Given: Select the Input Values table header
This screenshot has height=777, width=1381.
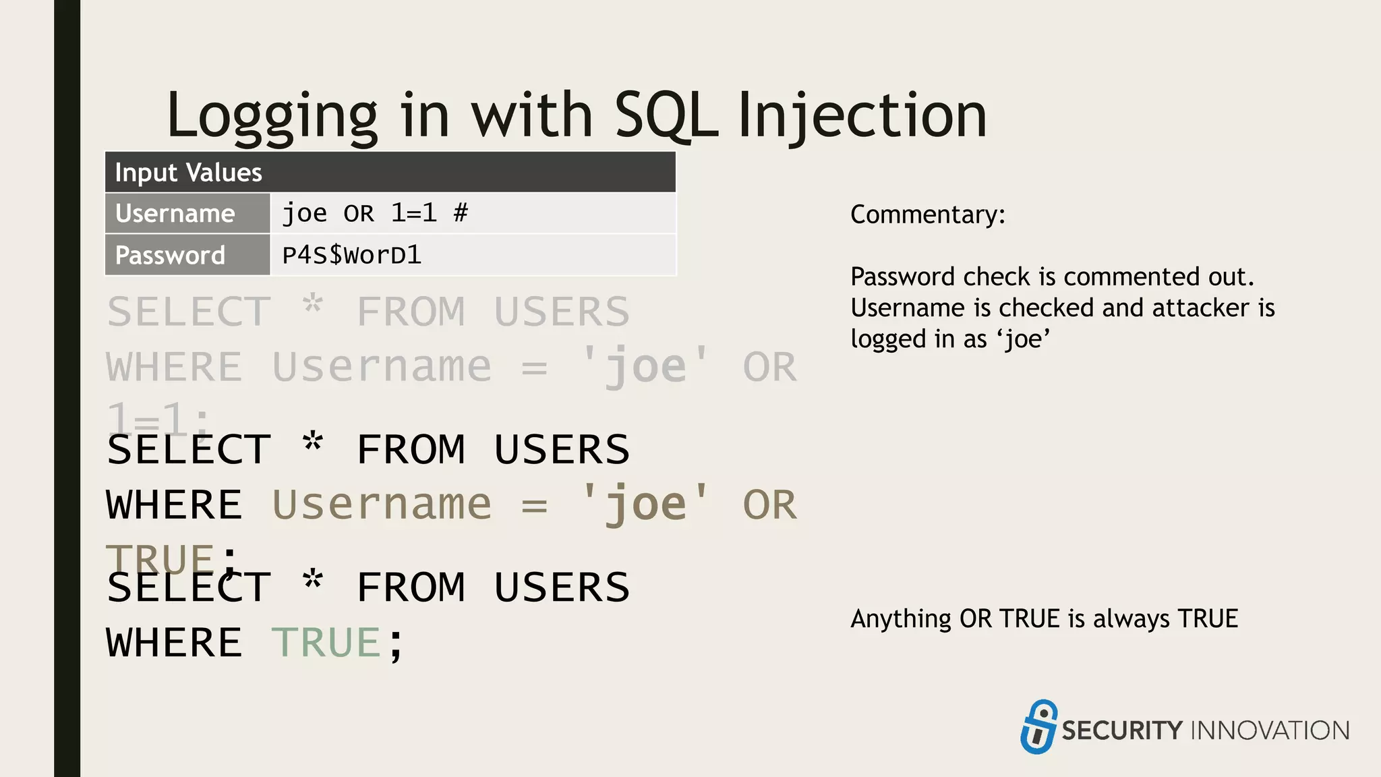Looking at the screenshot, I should coord(390,173).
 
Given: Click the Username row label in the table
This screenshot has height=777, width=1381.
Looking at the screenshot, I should coord(175,214).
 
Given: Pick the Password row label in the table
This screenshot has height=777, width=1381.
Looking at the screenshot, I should coord(170,256).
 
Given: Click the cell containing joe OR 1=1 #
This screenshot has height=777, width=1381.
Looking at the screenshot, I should coord(472,214).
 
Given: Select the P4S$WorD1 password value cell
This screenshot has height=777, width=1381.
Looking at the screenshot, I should coord(472,256).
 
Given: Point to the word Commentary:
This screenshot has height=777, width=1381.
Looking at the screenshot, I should coord(927,214).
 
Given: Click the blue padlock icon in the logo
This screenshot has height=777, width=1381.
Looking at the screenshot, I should coord(1038,727).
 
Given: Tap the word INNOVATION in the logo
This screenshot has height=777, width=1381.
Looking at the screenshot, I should coord(1270,730).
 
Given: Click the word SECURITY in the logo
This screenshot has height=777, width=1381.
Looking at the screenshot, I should coord(1121,730).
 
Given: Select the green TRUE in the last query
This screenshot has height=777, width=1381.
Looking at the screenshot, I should coord(326,642).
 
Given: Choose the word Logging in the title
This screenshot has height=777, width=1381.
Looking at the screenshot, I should coord(272,116).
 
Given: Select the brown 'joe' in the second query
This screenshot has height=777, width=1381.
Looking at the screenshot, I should coord(645,505).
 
